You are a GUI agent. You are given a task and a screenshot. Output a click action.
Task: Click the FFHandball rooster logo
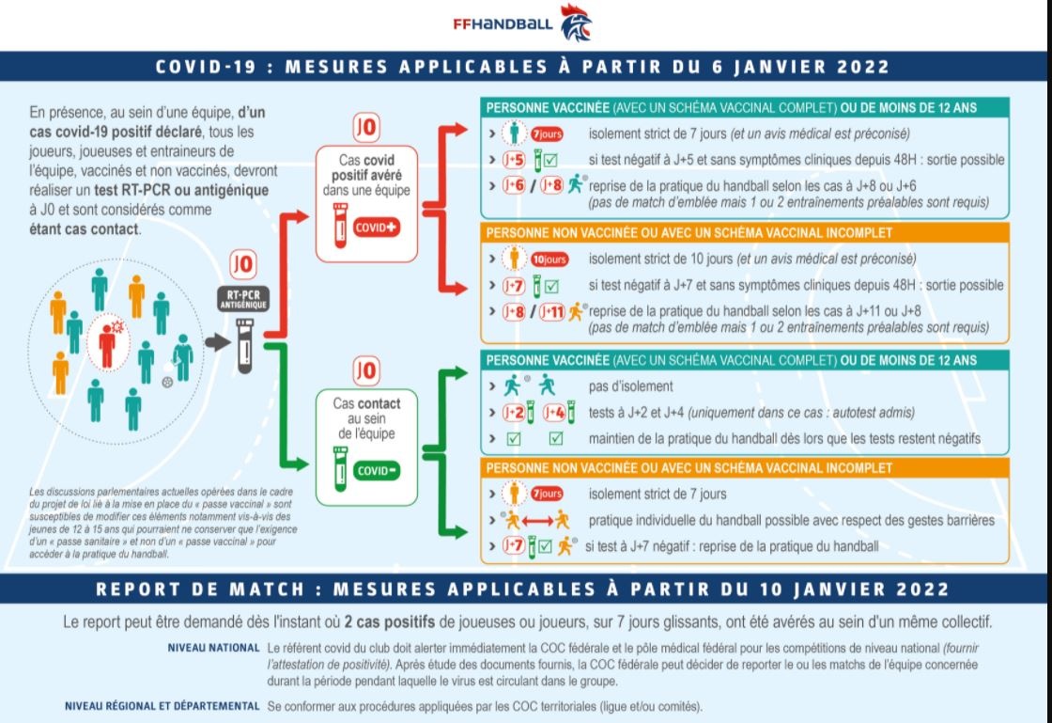(x=576, y=23)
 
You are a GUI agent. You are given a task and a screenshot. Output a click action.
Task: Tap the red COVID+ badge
(x=377, y=228)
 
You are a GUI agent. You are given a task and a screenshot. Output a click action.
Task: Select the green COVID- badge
(x=377, y=471)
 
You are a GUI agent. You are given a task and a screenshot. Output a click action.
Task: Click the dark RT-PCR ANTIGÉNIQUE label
(x=243, y=299)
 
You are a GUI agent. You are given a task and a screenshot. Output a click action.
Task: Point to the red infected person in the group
(x=107, y=345)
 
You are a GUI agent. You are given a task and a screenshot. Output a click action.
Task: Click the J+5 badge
(x=513, y=160)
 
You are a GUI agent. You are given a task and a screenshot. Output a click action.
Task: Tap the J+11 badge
(x=552, y=311)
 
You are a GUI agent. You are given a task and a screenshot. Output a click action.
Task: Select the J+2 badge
(x=513, y=412)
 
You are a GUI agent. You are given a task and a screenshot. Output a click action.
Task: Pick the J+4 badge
(x=554, y=412)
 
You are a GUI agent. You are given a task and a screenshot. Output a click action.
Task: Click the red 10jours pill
(x=549, y=259)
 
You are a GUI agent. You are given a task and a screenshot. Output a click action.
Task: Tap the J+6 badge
(x=513, y=186)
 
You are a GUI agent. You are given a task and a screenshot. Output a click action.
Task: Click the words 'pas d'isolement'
(x=630, y=386)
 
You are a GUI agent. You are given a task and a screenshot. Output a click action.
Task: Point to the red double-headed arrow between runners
(x=537, y=521)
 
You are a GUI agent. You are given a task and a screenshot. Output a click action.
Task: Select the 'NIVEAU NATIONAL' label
(x=213, y=648)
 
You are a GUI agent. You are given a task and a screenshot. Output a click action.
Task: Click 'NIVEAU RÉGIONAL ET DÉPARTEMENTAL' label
(x=162, y=706)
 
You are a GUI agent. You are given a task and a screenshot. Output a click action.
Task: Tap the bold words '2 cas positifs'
(x=389, y=622)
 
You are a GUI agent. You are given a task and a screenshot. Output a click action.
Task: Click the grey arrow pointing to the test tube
(x=217, y=342)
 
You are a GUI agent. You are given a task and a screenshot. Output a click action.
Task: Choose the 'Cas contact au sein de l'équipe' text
(x=366, y=418)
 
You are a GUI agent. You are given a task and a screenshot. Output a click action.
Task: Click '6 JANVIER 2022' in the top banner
(x=800, y=67)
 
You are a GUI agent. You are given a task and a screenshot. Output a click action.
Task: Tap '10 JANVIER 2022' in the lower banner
(x=855, y=589)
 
